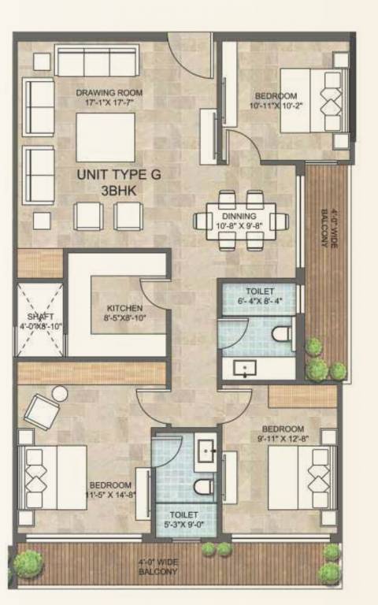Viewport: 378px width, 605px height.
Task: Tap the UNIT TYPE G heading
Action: point(118,175)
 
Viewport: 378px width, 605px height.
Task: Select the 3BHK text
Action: point(118,191)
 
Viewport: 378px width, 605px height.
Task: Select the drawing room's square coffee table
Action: point(105,138)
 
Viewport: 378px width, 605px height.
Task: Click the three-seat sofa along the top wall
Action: point(96,60)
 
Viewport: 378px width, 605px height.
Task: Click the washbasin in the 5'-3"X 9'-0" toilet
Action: point(207,451)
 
